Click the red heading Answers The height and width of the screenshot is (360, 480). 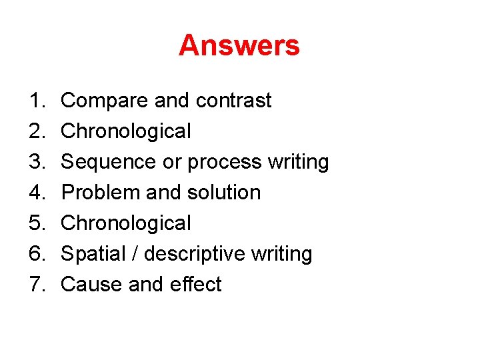[x=239, y=46]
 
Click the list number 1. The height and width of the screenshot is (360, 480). [x=35, y=101]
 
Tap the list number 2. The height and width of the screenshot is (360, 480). [x=35, y=131]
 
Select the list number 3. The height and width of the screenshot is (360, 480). [x=35, y=162]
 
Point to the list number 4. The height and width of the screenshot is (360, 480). [x=35, y=193]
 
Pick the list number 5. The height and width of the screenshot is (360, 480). [x=35, y=223]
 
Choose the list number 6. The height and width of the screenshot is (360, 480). [x=35, y=254]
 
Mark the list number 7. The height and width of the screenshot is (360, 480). [x=35, y=285]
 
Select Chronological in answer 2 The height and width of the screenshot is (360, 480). [x=125, y=131]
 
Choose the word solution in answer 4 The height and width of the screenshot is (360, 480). [x=223, y=193]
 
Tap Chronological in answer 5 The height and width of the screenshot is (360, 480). [x=125, y=223]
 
